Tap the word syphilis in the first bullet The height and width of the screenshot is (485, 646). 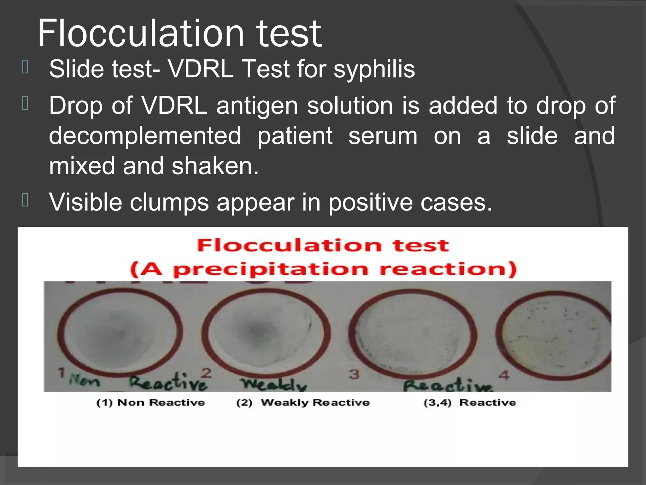(374, 69)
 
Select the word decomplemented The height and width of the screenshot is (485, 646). (145, 136)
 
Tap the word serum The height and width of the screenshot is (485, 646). (383, 136)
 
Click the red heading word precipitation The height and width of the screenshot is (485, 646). (270, 269)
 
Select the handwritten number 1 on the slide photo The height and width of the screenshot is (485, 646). (61, 373)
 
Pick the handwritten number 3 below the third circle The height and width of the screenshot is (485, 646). (354, 374)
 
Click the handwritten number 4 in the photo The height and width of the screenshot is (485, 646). (504, 375)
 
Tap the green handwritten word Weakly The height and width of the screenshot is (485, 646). (273, 384)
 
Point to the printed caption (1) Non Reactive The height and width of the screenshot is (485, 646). (150, 403)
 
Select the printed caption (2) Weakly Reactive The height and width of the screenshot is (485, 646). (302, 403)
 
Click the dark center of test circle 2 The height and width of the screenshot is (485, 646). (256, 332)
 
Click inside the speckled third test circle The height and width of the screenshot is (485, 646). (413, 335)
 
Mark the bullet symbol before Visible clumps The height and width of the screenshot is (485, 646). (25, 200)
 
